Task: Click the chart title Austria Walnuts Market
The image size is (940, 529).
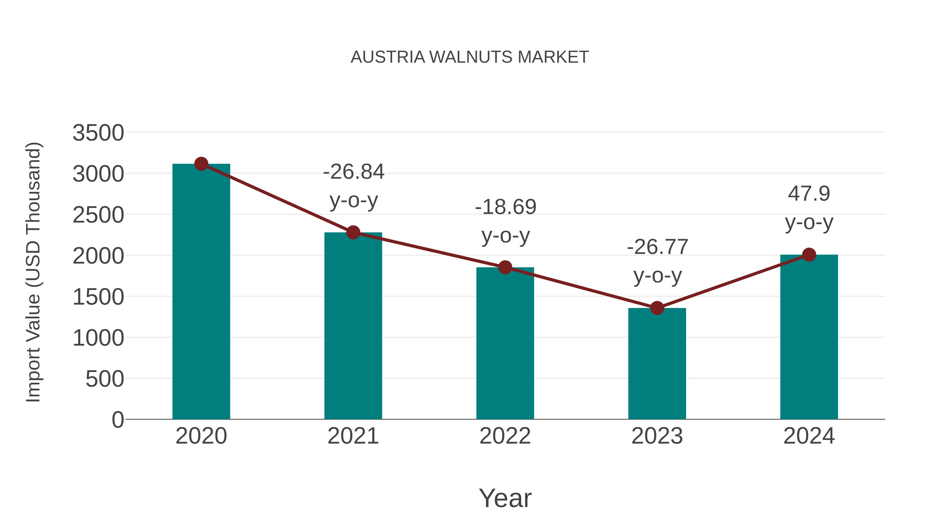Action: click(x=470, y=57)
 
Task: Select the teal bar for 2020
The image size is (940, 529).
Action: click(x=201, y=292)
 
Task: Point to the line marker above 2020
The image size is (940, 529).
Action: click(x=201, y=164)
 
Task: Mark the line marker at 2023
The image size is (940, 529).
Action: click(x=657, y=308)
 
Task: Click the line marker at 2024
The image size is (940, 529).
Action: click(x=809, y=255)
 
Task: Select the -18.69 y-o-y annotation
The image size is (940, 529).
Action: click(x=506, y=221)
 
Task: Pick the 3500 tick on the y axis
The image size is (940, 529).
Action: click(x=98, y=133)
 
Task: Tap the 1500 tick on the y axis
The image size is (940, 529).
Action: click(x=98, y=297)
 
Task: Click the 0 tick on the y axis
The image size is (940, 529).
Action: click(x=118, y=420)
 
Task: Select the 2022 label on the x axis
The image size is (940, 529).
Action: click(x=505, y=436)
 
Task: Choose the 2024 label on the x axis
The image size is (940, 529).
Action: click(x=809, y=436)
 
